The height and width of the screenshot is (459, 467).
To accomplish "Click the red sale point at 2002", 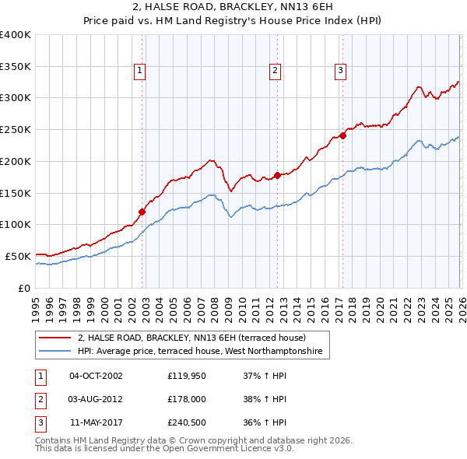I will [x=142, y=211].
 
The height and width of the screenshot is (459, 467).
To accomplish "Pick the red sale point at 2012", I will [x=277, y=174].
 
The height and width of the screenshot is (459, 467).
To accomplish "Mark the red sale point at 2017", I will [x=342, y=135].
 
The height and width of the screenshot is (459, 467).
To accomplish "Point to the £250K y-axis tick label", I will [x=15, y=129].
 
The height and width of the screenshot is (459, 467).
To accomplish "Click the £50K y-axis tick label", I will [x=17, y=256].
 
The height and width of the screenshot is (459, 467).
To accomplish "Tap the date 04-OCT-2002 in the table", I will [x=96, y=377].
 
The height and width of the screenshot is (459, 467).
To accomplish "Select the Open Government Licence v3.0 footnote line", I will [x=164, y=450].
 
